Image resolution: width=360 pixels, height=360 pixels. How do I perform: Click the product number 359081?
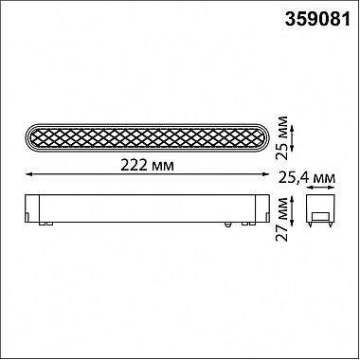pos(317,20)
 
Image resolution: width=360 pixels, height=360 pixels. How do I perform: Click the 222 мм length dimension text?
pos(147,165)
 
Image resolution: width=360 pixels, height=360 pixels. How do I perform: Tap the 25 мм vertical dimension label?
pos(281,138)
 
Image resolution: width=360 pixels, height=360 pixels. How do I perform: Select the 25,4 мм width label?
pos(307,178)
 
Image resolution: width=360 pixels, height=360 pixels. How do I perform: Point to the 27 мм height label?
pos(282,219)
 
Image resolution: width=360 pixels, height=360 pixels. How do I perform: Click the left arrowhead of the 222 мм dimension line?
pos(28,174)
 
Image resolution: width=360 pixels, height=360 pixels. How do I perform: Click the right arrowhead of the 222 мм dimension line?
pos(266,174)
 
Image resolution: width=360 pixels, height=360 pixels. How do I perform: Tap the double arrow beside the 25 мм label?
pos(293,138)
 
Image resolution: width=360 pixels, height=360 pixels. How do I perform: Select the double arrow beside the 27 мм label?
pos(293,208)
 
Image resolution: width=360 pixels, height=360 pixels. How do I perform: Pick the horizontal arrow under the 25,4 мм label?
pos(320,188)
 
